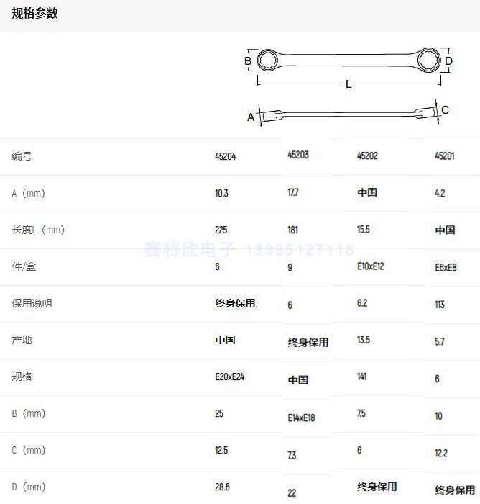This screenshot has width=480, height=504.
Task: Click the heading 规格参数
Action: (34, 14)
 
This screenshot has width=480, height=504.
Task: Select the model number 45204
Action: (225, 156)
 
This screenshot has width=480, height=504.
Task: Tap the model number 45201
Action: (445, 156)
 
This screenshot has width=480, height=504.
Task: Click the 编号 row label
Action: (22, 156)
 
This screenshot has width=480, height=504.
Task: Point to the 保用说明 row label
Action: (32, 303)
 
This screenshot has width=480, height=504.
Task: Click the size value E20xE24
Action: (230, 377)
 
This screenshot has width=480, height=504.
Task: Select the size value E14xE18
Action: (302, 418)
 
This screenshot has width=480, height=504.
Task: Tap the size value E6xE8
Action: (446, 267)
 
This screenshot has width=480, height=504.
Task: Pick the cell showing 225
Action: (221, 230)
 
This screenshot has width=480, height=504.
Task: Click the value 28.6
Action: (222, 487)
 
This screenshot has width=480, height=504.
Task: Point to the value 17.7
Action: (293, 192)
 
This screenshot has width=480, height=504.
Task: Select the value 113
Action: (440, 305)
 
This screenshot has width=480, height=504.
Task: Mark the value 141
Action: (363, 377)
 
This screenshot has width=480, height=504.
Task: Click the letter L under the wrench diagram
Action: (349, 84)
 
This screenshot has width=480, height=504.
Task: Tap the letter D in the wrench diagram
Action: (448, 61)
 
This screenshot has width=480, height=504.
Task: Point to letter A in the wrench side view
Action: (251, 117)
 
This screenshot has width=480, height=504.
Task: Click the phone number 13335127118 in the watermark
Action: (300, 251)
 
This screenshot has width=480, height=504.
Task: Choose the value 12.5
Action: (221, 451)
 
